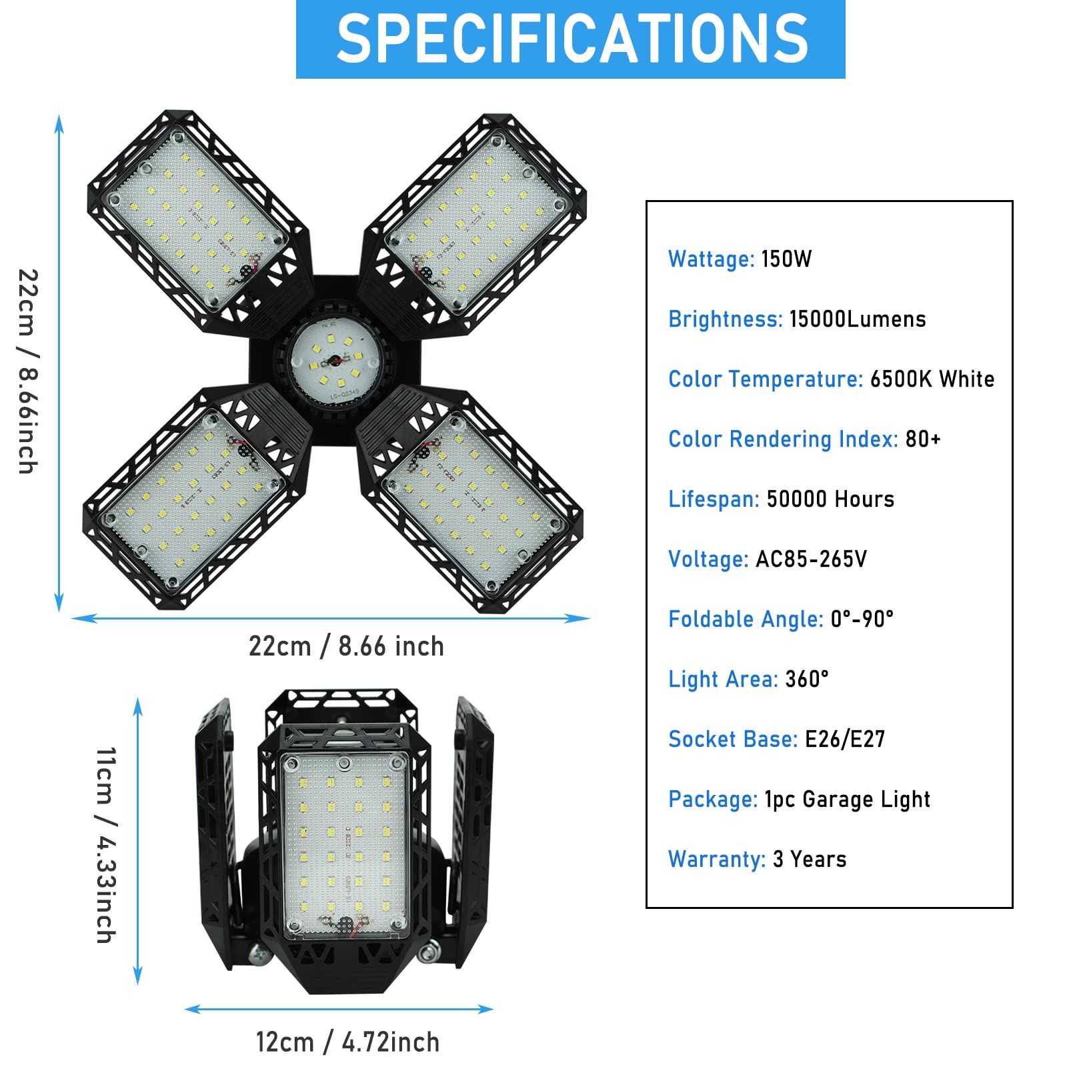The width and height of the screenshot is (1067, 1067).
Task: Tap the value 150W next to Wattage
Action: (786, 259)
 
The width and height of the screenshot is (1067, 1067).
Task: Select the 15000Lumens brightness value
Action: (858, 319)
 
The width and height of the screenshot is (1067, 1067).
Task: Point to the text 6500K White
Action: (932, 379)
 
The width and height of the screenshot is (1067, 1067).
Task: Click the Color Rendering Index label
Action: (783, 439)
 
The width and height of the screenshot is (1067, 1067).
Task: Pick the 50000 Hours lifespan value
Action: (830, 499)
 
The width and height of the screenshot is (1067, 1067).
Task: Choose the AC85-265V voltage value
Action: (811, 559)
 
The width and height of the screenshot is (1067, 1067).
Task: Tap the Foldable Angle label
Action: (746, 619)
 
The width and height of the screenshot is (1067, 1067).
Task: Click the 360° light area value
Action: (807, 679)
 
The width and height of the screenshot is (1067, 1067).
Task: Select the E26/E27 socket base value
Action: (845, 739)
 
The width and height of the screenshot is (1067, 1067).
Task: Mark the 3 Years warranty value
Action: (810, 859)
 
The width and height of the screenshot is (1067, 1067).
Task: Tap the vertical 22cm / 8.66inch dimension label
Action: (28, 371)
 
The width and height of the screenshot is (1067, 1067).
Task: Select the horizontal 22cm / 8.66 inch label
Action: (346, 646)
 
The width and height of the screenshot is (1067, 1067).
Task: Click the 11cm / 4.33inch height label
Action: (106, 845)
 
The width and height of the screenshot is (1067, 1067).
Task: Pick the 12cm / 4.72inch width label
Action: (347, 1042)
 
